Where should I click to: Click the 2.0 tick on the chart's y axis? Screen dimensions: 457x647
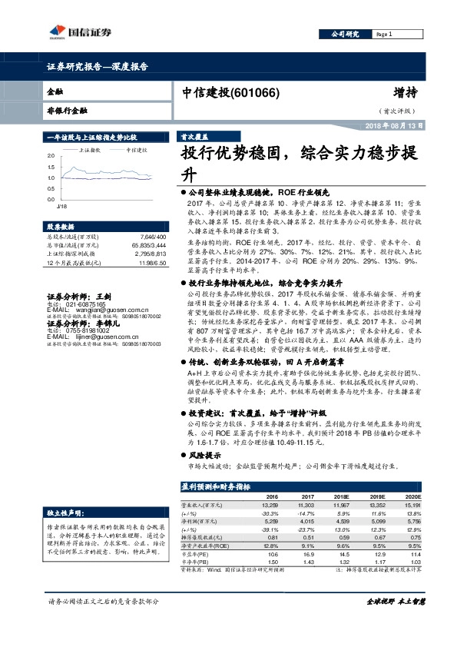click(x=51, y=156)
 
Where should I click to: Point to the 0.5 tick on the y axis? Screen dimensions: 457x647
click(x=51, y=189)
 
